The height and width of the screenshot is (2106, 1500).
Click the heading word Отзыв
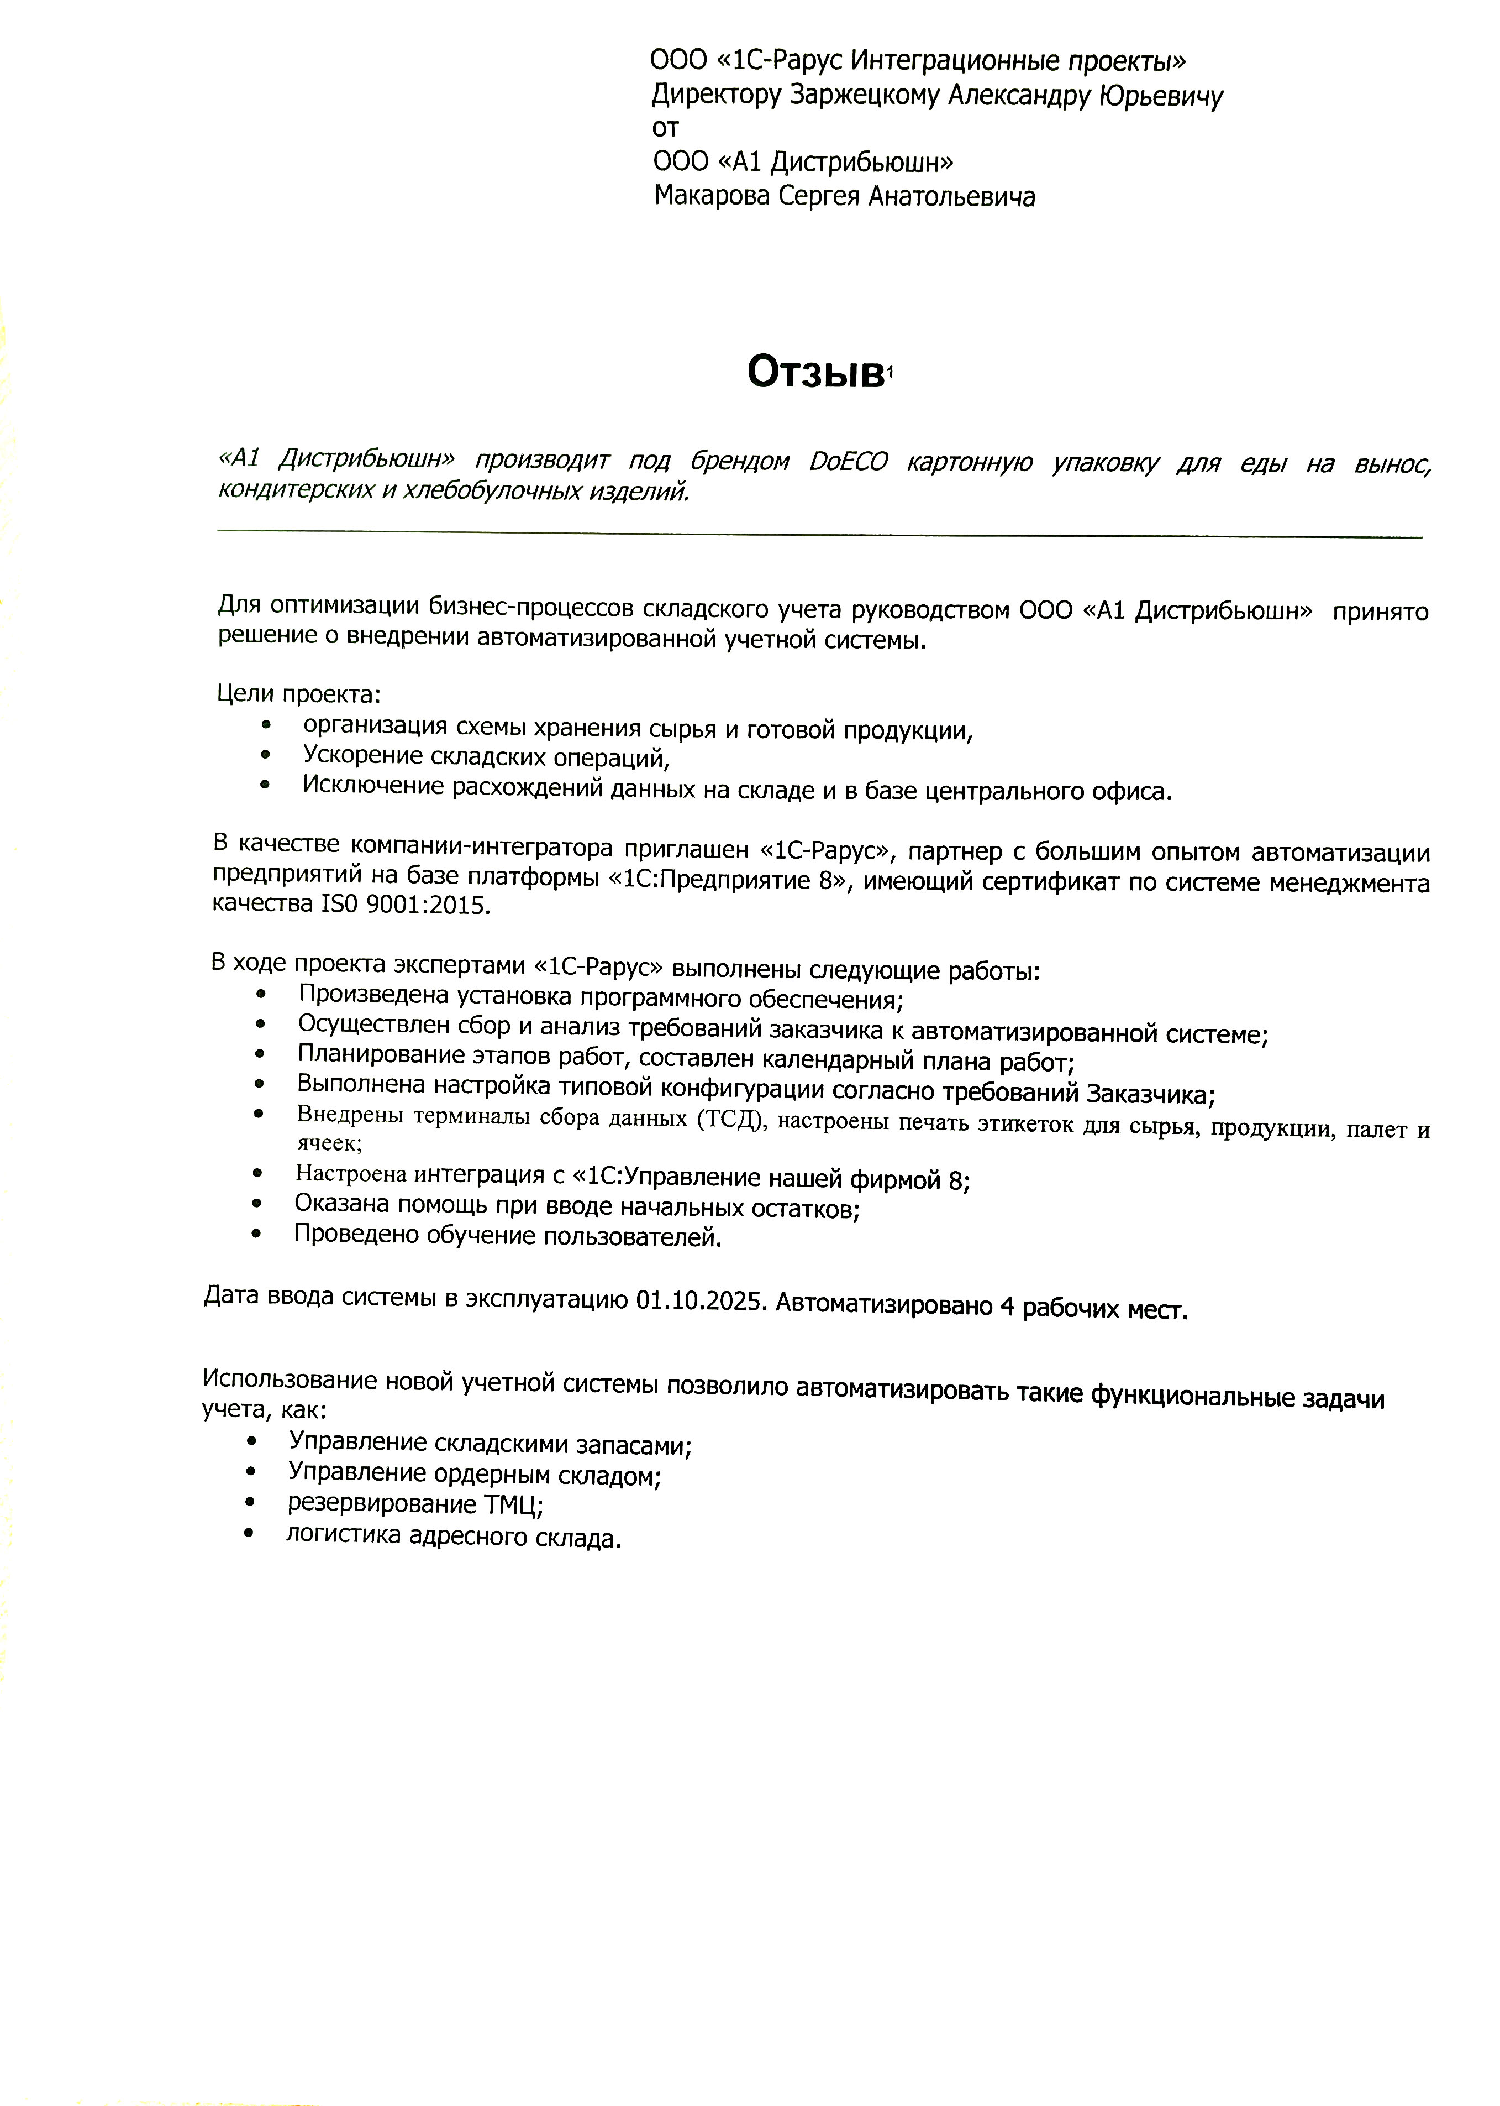[815, 373]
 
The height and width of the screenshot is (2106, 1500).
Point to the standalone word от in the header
[665, 128]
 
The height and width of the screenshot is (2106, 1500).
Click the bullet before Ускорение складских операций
[266, 756]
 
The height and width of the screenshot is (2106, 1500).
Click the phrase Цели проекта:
[298, 694]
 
